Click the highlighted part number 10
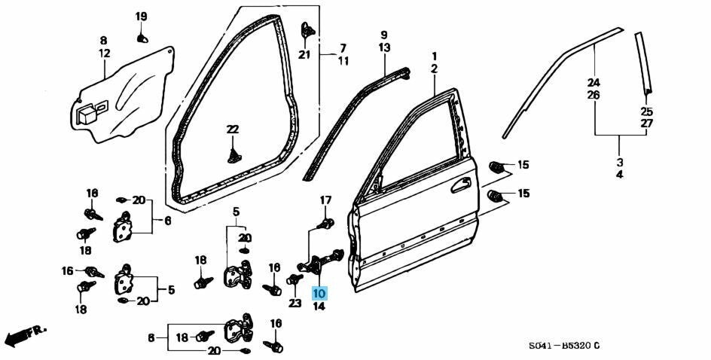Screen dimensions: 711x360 [319, 294]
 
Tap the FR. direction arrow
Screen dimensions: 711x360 [25, 335]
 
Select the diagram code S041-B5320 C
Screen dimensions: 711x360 [563, 346]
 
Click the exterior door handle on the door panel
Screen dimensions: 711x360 [461, 185]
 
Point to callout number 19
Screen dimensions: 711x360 [141, 17]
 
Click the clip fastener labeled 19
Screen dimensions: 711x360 [142, 38]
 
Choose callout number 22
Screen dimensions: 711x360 [232, 130]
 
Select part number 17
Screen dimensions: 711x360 [325, 200]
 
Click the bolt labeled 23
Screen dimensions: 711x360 [294, 279]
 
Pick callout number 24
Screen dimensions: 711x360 [594, 83]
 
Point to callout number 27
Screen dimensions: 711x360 [647, 124]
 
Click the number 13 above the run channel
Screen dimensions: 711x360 [384, 47]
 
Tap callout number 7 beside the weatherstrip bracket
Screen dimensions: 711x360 [343, 47]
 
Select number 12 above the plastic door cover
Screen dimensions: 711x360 [104, 53]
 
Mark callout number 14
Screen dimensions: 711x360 [319, 306]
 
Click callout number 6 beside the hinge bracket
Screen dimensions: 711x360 [168, 221]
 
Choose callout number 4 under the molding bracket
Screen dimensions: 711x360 [620, 175]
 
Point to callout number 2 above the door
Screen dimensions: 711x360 [435, 69]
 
